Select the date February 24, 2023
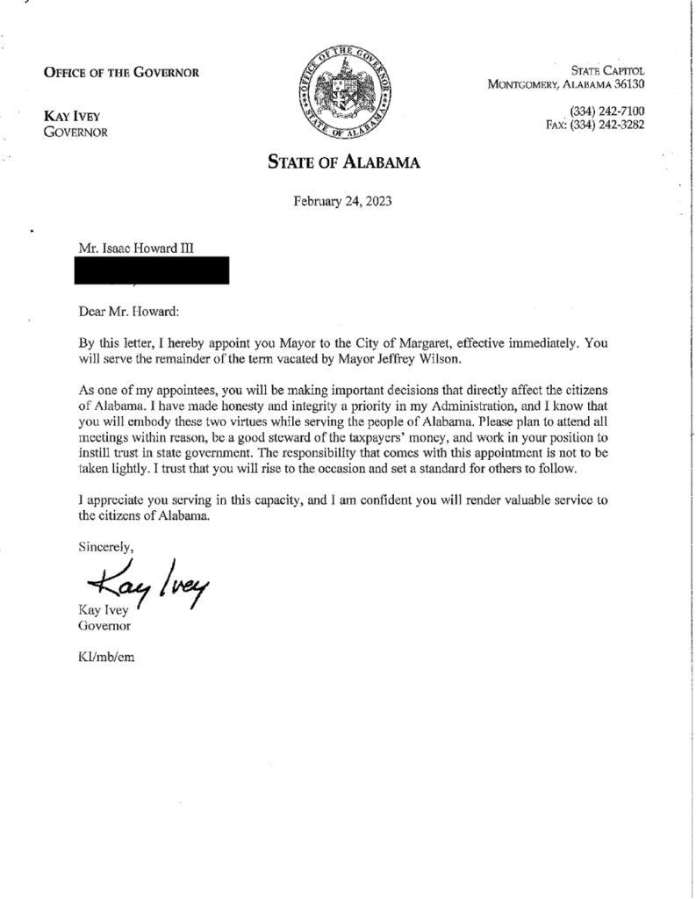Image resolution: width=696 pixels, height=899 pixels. (x=342, y=202)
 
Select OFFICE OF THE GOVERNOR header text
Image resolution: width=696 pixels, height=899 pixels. (x=121, y=72)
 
